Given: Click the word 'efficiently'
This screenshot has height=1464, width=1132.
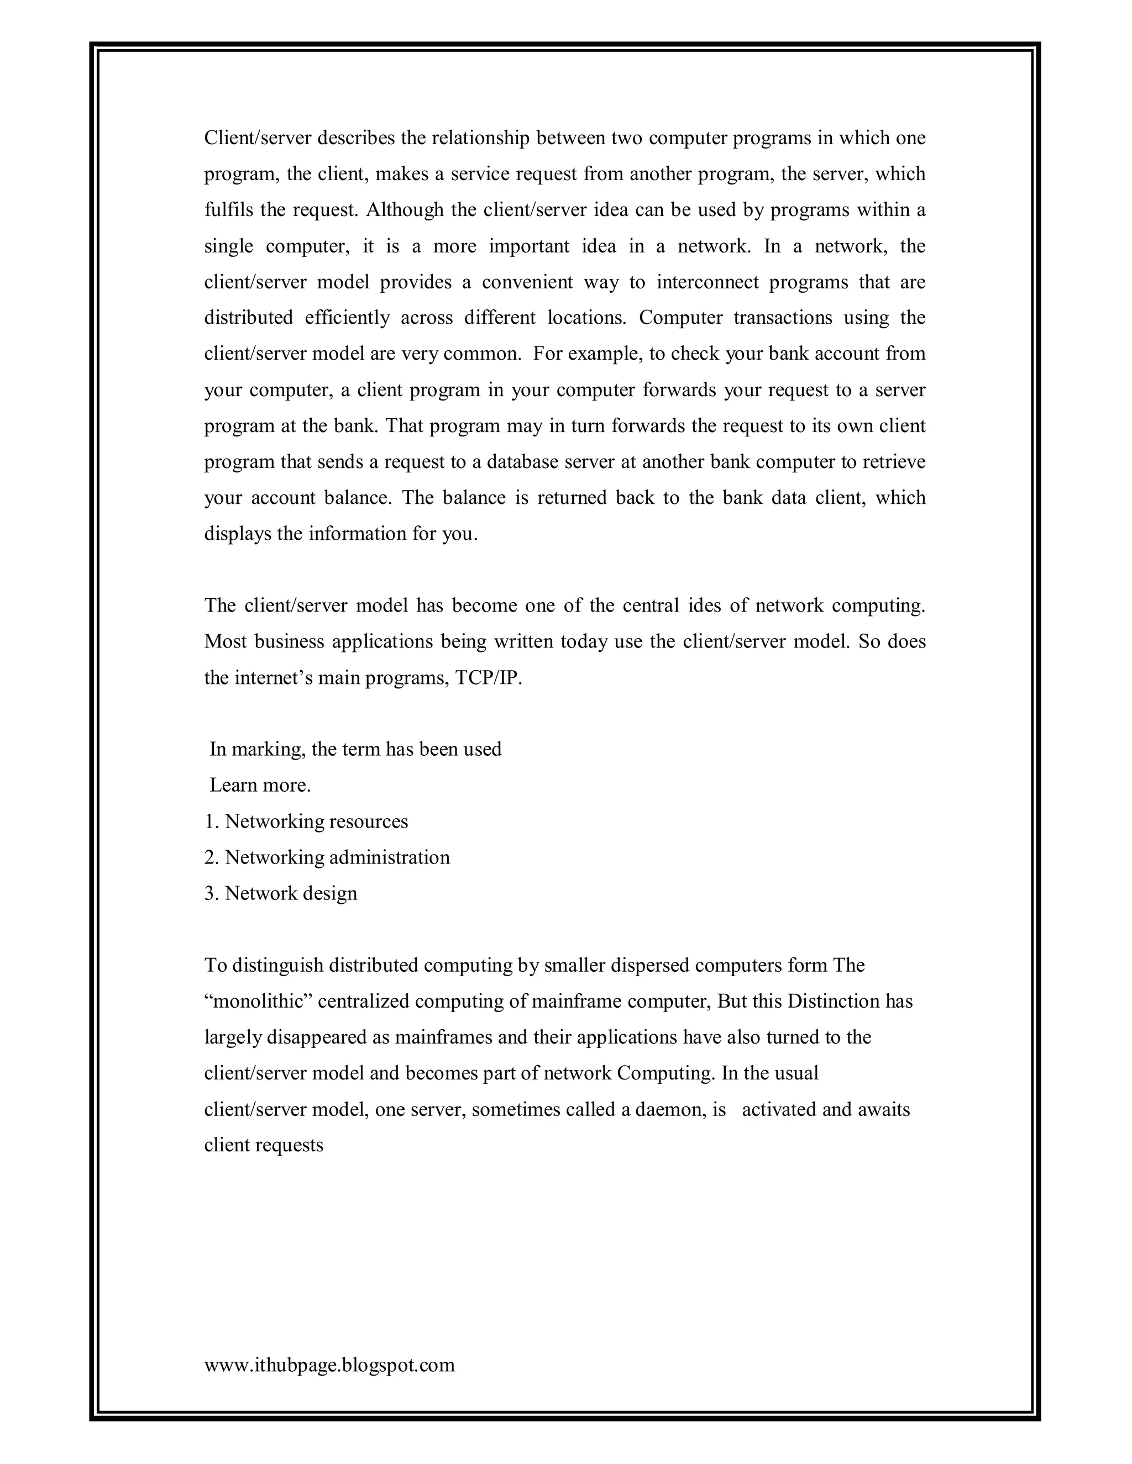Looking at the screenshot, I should point(347,318).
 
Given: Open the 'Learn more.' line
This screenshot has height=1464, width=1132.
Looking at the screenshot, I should point(260,785).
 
